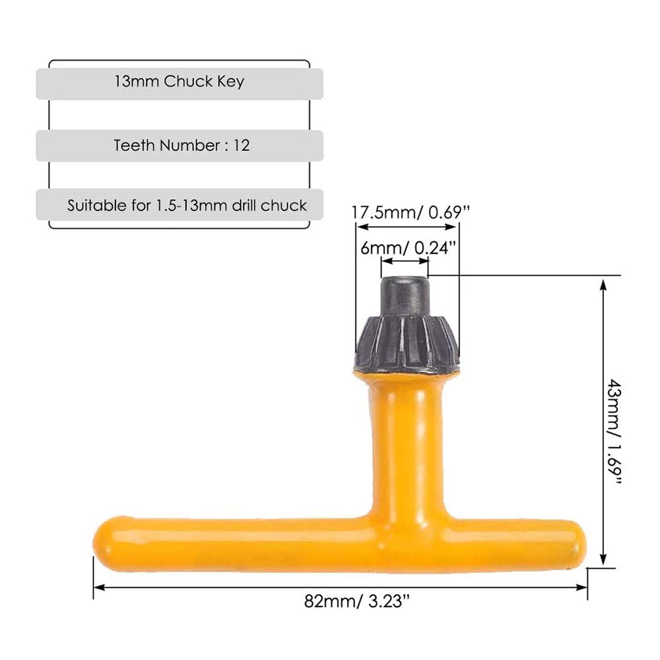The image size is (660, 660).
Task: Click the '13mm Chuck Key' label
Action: pyautogui.click(x=179, y=82)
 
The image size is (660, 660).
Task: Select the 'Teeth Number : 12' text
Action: pyautogui.click(x=181, y=146)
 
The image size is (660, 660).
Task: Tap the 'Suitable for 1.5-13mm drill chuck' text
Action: pyautogui.click(x=187, y=205)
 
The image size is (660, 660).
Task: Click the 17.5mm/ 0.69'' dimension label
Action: pyautogui.click(x=409, y=212)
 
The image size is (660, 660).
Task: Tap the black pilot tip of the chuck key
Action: pyautogui.click(x=405, y=296)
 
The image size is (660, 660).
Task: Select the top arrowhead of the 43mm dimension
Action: pyautogui.click(x=603, y=283)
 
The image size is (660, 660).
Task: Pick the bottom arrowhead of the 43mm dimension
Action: pyautogui.click(x=603, y=560)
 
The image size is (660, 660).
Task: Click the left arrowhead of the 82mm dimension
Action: pyautogui.click(x=98, y=587)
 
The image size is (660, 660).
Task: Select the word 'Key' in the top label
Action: pyautogui.click(x=230, y=82)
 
